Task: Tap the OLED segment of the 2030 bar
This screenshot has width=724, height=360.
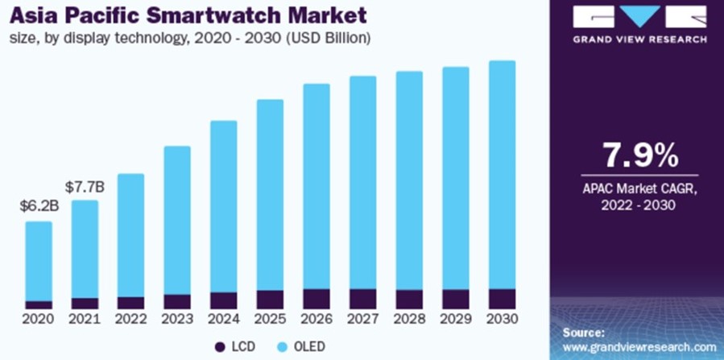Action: tap(502, 173)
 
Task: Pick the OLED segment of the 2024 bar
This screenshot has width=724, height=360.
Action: tap(224, 205)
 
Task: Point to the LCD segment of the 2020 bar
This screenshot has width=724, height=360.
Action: tap(39, 305)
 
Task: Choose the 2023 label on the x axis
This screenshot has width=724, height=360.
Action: tap(177, 320)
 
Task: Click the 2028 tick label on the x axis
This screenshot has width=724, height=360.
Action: tap(409, 320)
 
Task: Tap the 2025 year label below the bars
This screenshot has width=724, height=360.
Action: tap(270, 320)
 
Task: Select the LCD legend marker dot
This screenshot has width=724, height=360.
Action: tap(220, 346)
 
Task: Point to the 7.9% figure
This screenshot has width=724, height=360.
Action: tap(632, 153)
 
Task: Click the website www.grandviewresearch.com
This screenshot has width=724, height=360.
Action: tap(638, 346)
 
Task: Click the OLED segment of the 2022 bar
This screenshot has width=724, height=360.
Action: tap(131, 234)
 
